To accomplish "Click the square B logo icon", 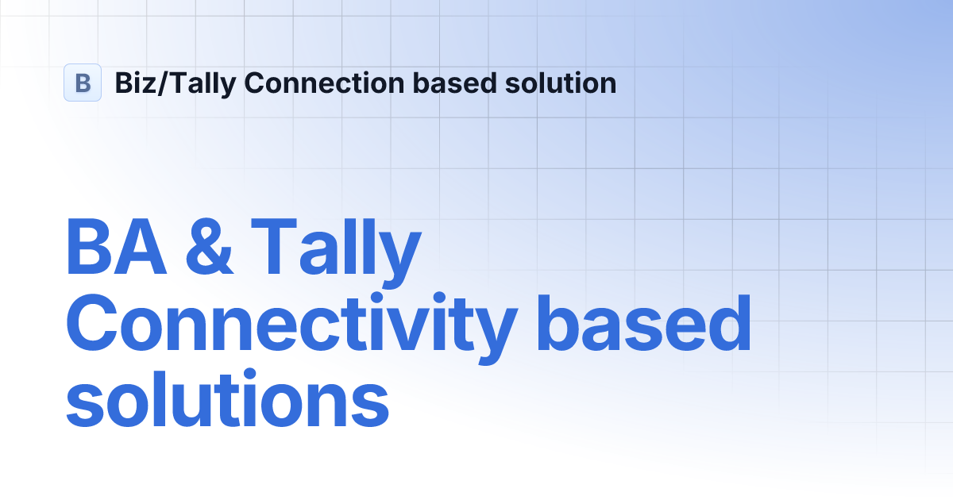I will [x=83, y=83].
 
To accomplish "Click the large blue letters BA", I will [x=116, y=248].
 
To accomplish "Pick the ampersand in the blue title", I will [x=208, y=248].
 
